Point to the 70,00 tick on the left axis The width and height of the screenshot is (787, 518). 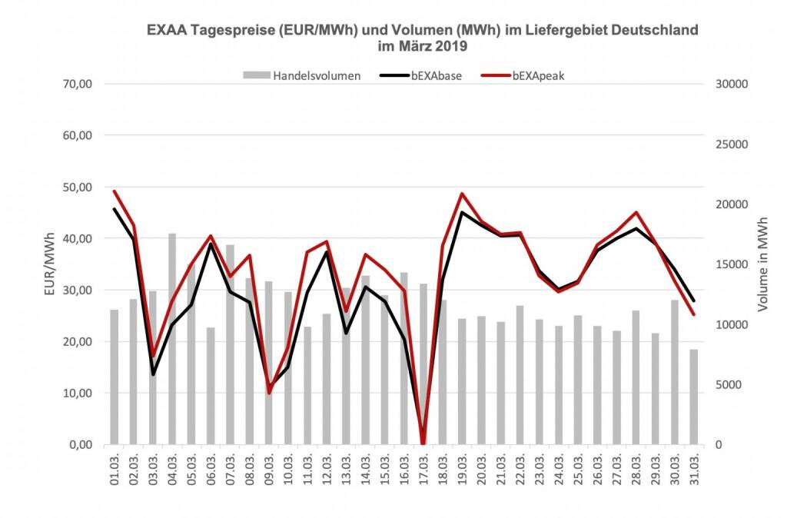coord(77,84)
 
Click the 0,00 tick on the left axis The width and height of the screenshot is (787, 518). coord(79,445)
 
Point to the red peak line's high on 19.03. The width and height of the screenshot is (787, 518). coord(462,194)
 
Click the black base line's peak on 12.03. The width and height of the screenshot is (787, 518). coord(327,252)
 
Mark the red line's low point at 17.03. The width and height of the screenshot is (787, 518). coord(423,443)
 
